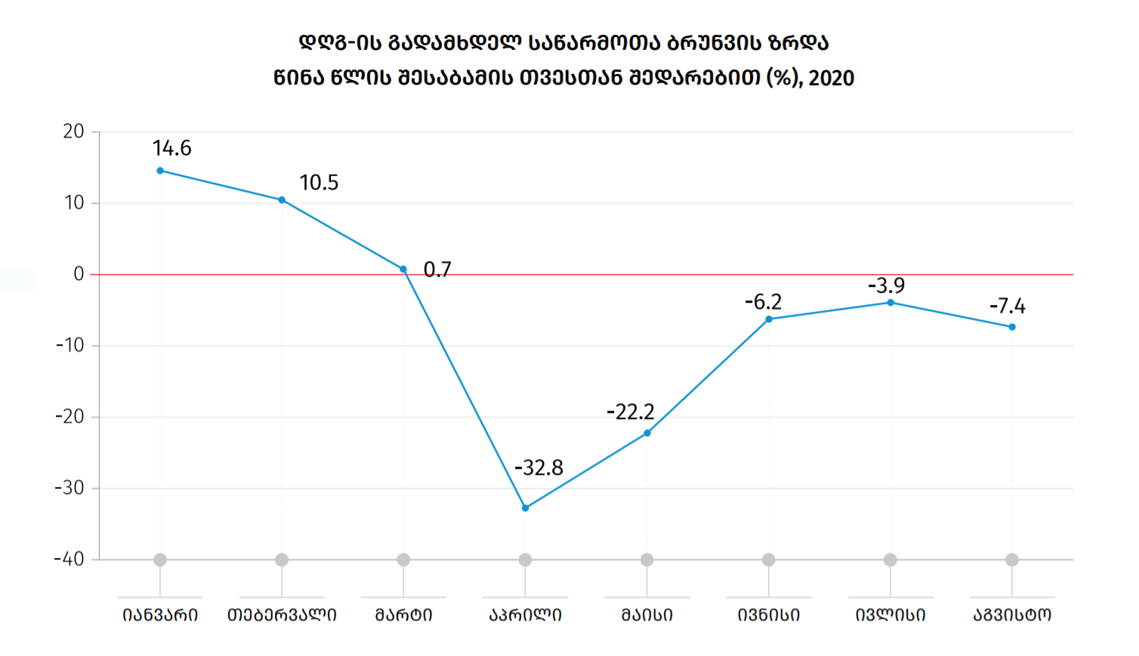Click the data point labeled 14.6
pos(160,171)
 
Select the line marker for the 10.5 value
pos(282,200)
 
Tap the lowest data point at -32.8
pos(526,508)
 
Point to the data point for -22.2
pos(647,433)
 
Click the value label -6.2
pos(763,302)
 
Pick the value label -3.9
pos(886,285)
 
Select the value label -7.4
pos(1008,306)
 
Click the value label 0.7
pos(437,269)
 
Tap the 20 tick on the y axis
pos(73,131)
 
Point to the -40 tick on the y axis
pos(69,559)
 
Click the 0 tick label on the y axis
pos(79,274)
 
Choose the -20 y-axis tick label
pos(69,417)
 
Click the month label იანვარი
pos(160,615)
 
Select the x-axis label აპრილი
pos(526,615)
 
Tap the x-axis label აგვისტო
pos(1012,615)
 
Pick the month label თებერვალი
pos(282,615)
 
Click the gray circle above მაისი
pos(647,559)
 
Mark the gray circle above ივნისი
pos(769,559)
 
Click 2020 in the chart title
pos(832,78)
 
